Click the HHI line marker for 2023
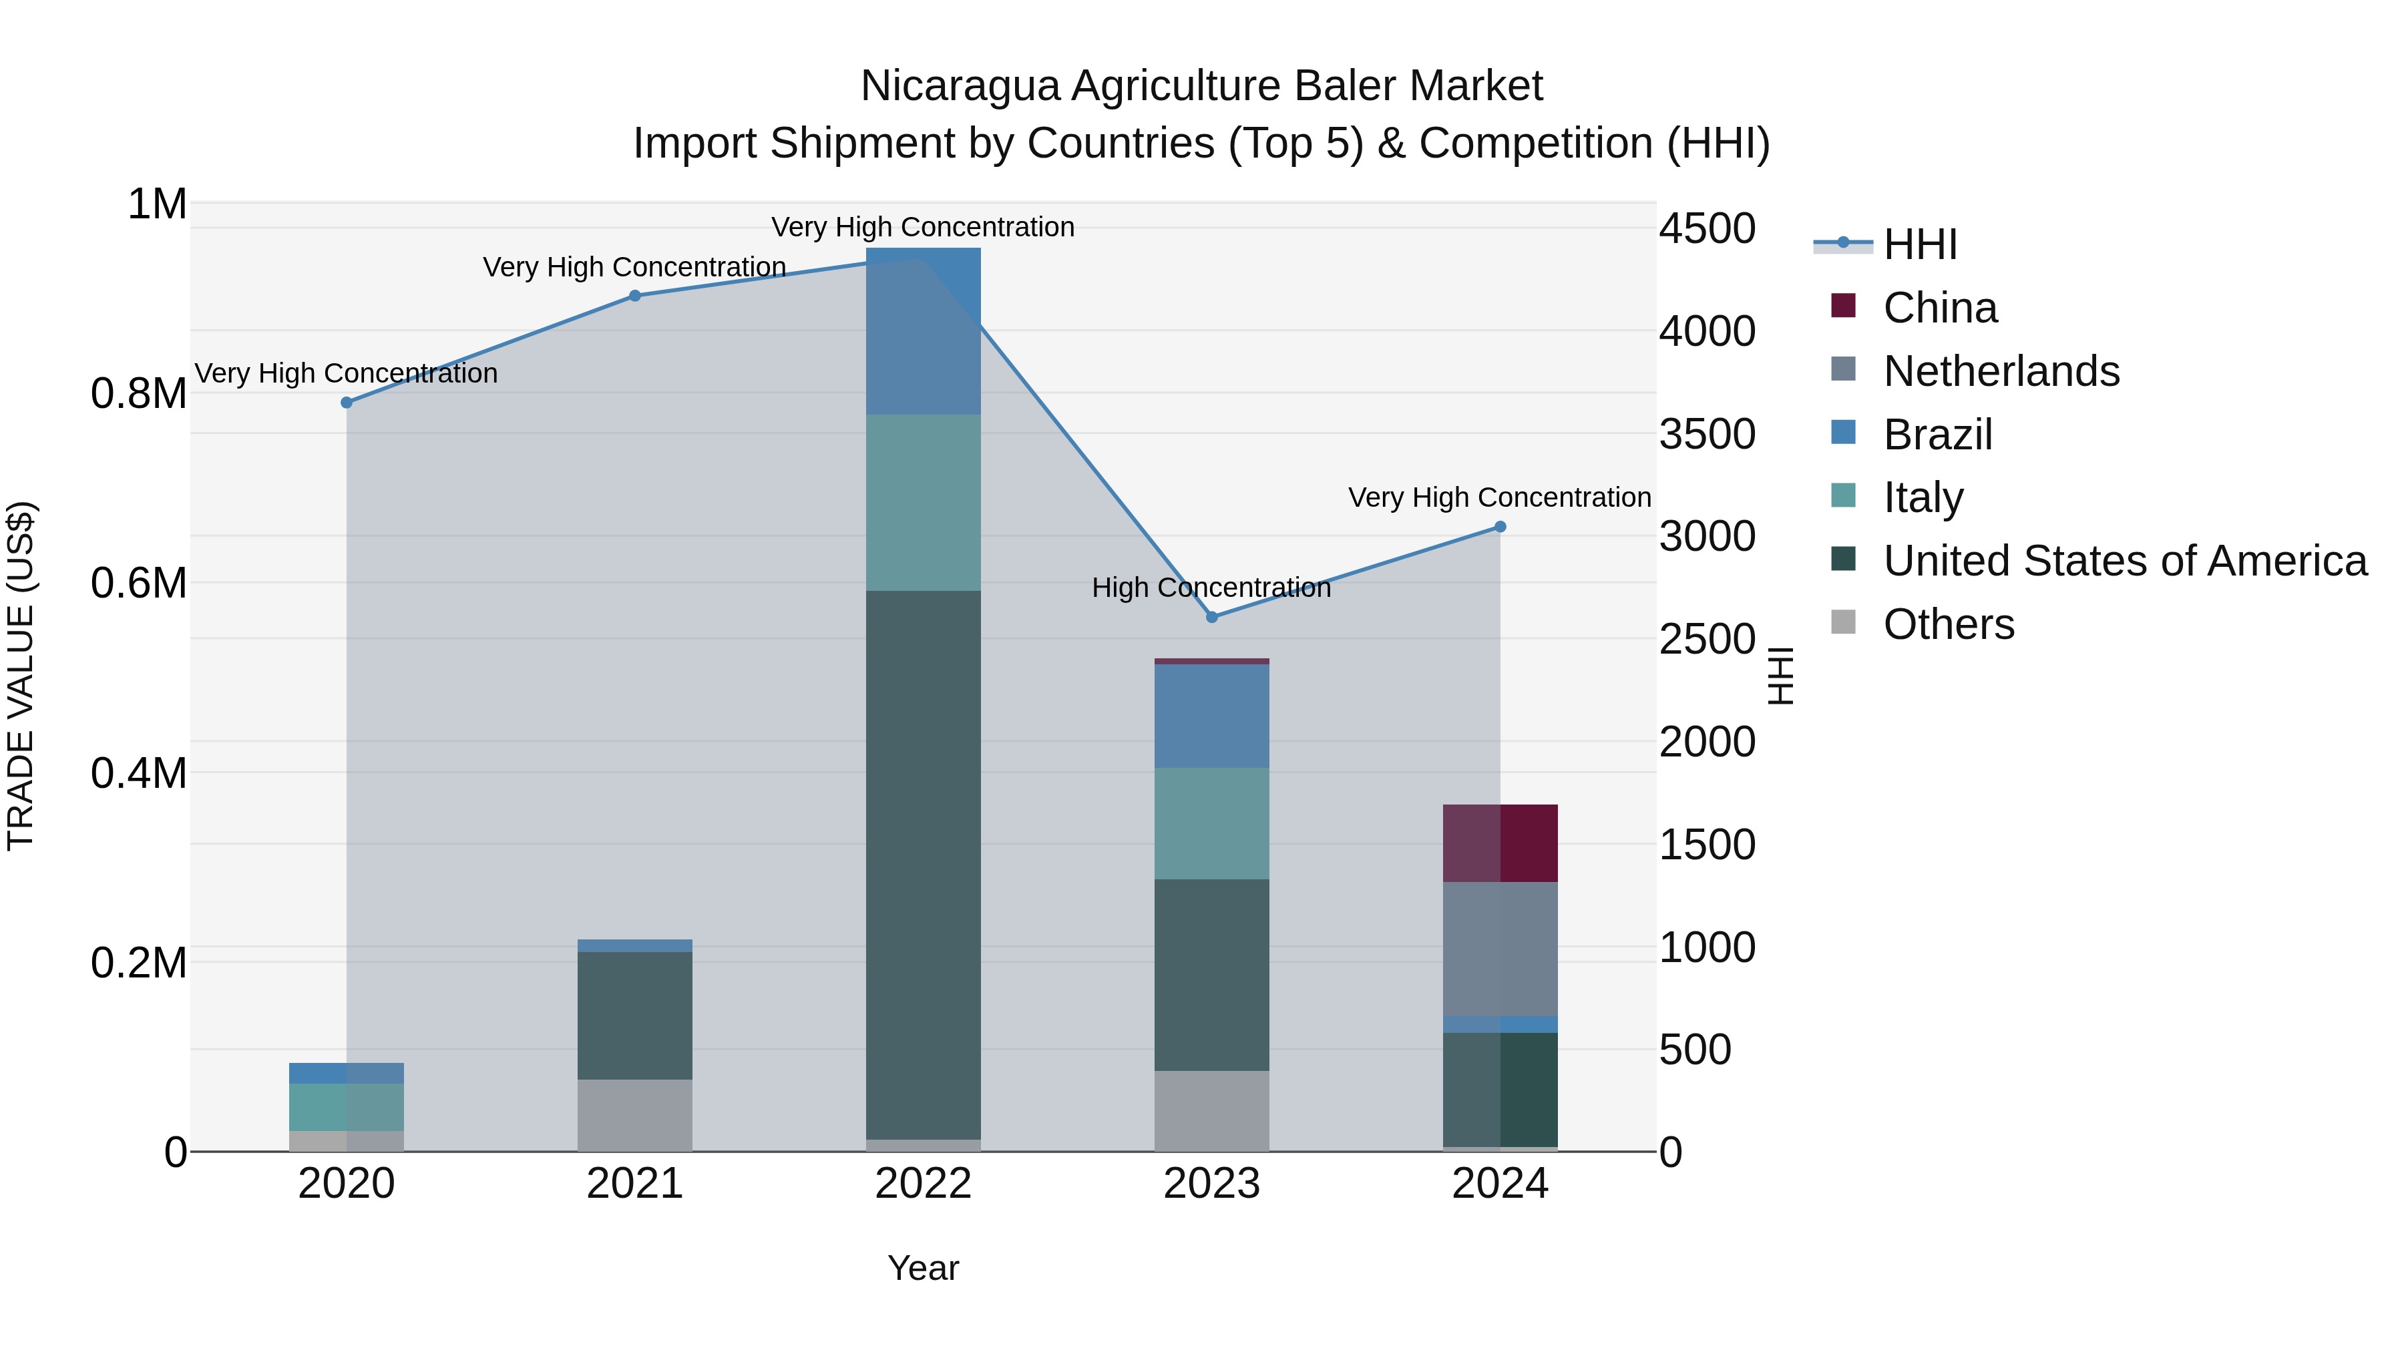(x=1211, y=617)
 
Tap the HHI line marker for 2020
(x=346, y=402)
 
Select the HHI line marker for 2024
(x=1500, y=526)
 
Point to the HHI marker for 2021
(x=634, y=296)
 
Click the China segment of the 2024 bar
(x=1500, y=843)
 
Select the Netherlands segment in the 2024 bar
(x=1500, y=948)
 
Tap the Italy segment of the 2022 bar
(x=923, y=502)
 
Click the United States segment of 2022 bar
(x=923, y=864)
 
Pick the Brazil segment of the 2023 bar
(x=1211, y=716)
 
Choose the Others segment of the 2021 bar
(x=634, y=1114)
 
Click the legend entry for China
(x=1939, y=308)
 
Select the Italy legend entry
(x=1923, y=497)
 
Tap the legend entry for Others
(x=1948, y=624)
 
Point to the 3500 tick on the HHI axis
(x=1707, y=434)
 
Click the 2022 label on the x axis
(x=923, y=1184)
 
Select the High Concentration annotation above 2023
(x=1211, y=588)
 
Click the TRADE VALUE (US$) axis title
(x=21, y=676)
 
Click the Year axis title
(x=923, y=1268)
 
